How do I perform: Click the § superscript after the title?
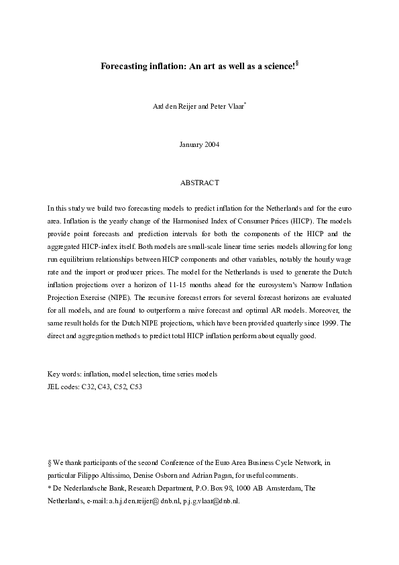[x=296, y=64]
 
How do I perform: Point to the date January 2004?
[x=199, y=145]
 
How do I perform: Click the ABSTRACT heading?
[x=199, y=183]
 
